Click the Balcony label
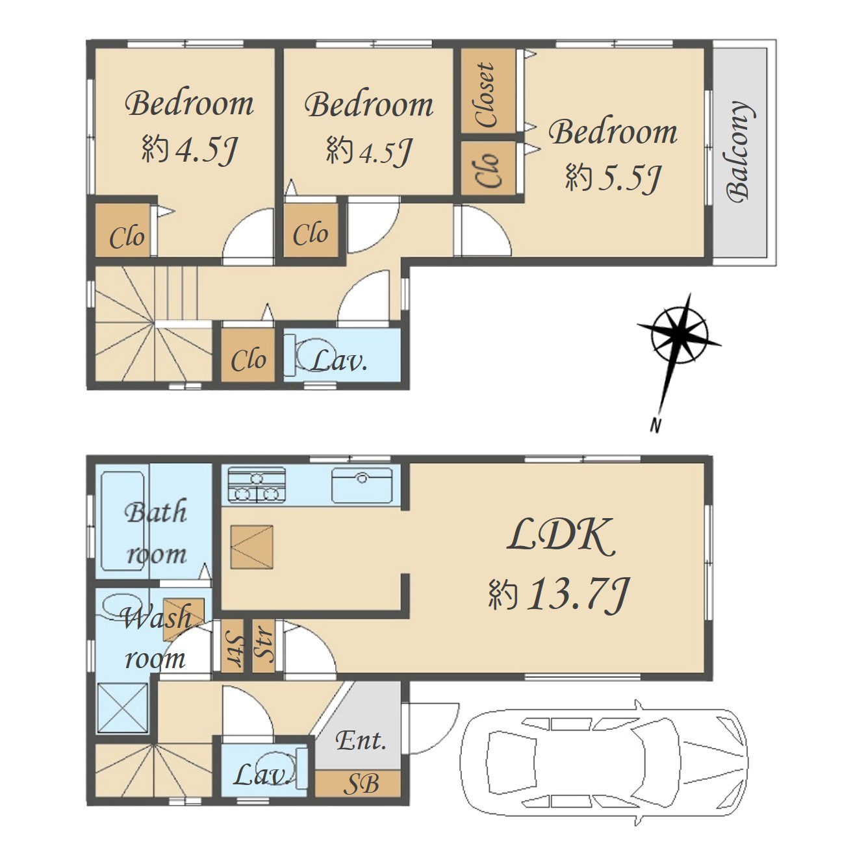[739, 152]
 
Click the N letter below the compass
[656, 425]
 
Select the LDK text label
[561, 536]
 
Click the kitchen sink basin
[362, 485]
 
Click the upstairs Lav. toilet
[310, 354]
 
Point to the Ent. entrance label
[361, 741]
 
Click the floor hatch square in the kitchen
[251, 547]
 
